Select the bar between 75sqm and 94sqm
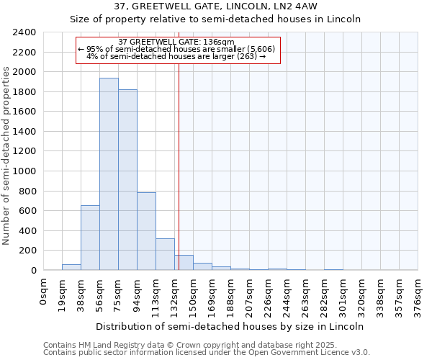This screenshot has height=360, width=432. (127, 180)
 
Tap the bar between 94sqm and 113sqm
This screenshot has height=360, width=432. (146, 231)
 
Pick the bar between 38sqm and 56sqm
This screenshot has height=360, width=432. (90, 238)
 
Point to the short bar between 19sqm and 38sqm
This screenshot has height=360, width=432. (71, 267)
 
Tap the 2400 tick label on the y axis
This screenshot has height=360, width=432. (24, 32)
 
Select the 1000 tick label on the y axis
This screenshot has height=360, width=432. (24, 171)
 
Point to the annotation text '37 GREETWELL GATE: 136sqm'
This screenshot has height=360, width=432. (176, 42)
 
